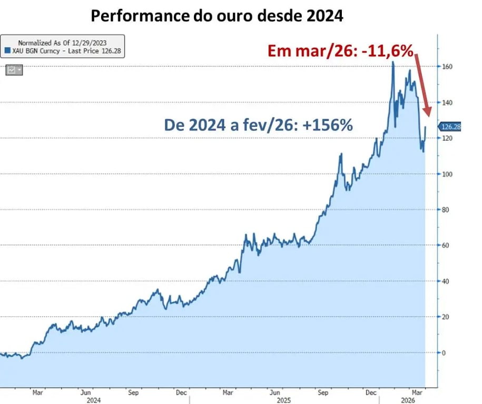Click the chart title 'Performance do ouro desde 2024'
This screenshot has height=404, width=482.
coord(217,16)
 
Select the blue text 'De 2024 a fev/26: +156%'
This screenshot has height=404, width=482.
coord(259,125)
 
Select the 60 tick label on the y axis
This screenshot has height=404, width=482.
coord(446,245)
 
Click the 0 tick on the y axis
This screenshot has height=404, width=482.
coord(444,352)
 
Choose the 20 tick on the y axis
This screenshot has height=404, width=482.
coord(446,317)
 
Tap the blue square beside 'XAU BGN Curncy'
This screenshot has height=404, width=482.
coord(7,50)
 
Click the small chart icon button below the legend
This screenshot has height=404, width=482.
coord(14,69)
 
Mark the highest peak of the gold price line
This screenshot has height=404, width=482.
coord(393,62)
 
